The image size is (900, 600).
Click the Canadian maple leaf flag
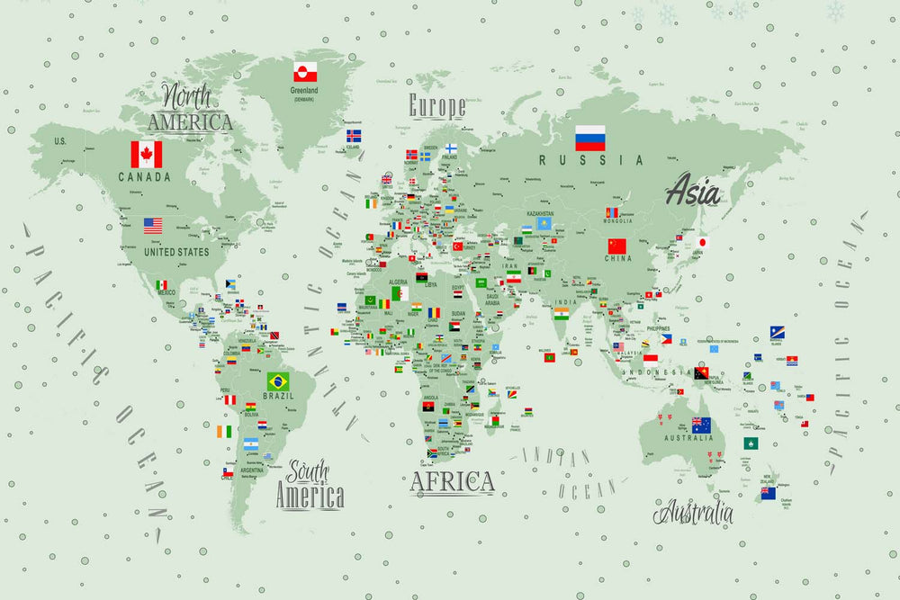pyautogui.click(x=147, y=154)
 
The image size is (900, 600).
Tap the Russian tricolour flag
pyautogui.click(x=590, y=138)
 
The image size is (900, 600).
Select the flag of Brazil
pyautogui.click(x=278, y=381)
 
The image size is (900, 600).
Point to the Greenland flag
pyautogui.click(x=305, y=72)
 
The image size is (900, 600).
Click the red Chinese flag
pyautogui.click(x=616, y=246)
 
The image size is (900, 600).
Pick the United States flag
pyautogui.click(x=153, y=225)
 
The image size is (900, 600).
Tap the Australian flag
pyautogui.click(x=701, y=425)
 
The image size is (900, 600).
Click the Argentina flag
pyautogui.click(x=251, y=444)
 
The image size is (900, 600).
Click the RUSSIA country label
pyautogui.click(x=591, y=160)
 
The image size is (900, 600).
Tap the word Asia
pyautogui.click(x=693, y=191)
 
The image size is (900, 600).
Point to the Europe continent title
pyautogui.click(x=437, y=106)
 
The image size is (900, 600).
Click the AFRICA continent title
pyautogui.click(x=453, y=481)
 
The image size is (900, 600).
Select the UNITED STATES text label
pyautogui.click(x=176, y=252)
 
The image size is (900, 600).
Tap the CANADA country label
pyautogui.click(x=144, y=177)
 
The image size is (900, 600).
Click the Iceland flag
pyautogui.click(x=354, y=136)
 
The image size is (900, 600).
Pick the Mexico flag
pyautogui.click(x=161, y=285)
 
